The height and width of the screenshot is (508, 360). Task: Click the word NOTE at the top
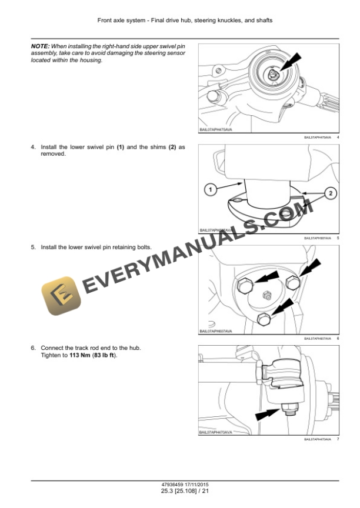[39, 45]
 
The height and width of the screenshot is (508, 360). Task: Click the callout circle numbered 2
[330, 193]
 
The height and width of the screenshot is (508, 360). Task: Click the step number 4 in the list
[32, 146]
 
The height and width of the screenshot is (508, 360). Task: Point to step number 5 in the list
[32, 247]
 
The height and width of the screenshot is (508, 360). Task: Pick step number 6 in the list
[32, 348]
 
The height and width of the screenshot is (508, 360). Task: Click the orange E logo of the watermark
[61, 296]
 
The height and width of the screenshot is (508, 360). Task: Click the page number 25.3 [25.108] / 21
[179, 491]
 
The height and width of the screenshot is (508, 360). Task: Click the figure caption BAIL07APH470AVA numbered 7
[318, 439]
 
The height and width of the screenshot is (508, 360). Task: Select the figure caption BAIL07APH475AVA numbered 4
[318, 136]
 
